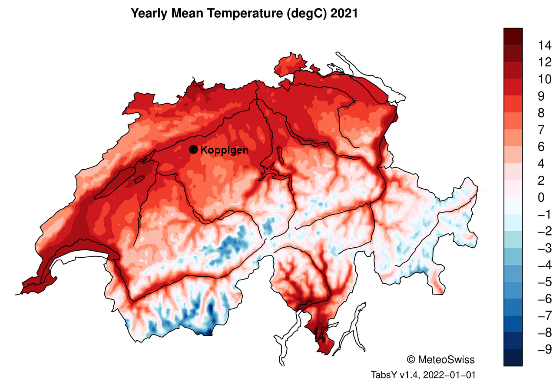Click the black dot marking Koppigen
point(194,150)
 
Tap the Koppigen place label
point(225,151)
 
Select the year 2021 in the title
point(344,13)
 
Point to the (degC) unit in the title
point(307,13)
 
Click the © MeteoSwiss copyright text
point(440,359)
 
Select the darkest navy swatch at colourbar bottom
point(513,358)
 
